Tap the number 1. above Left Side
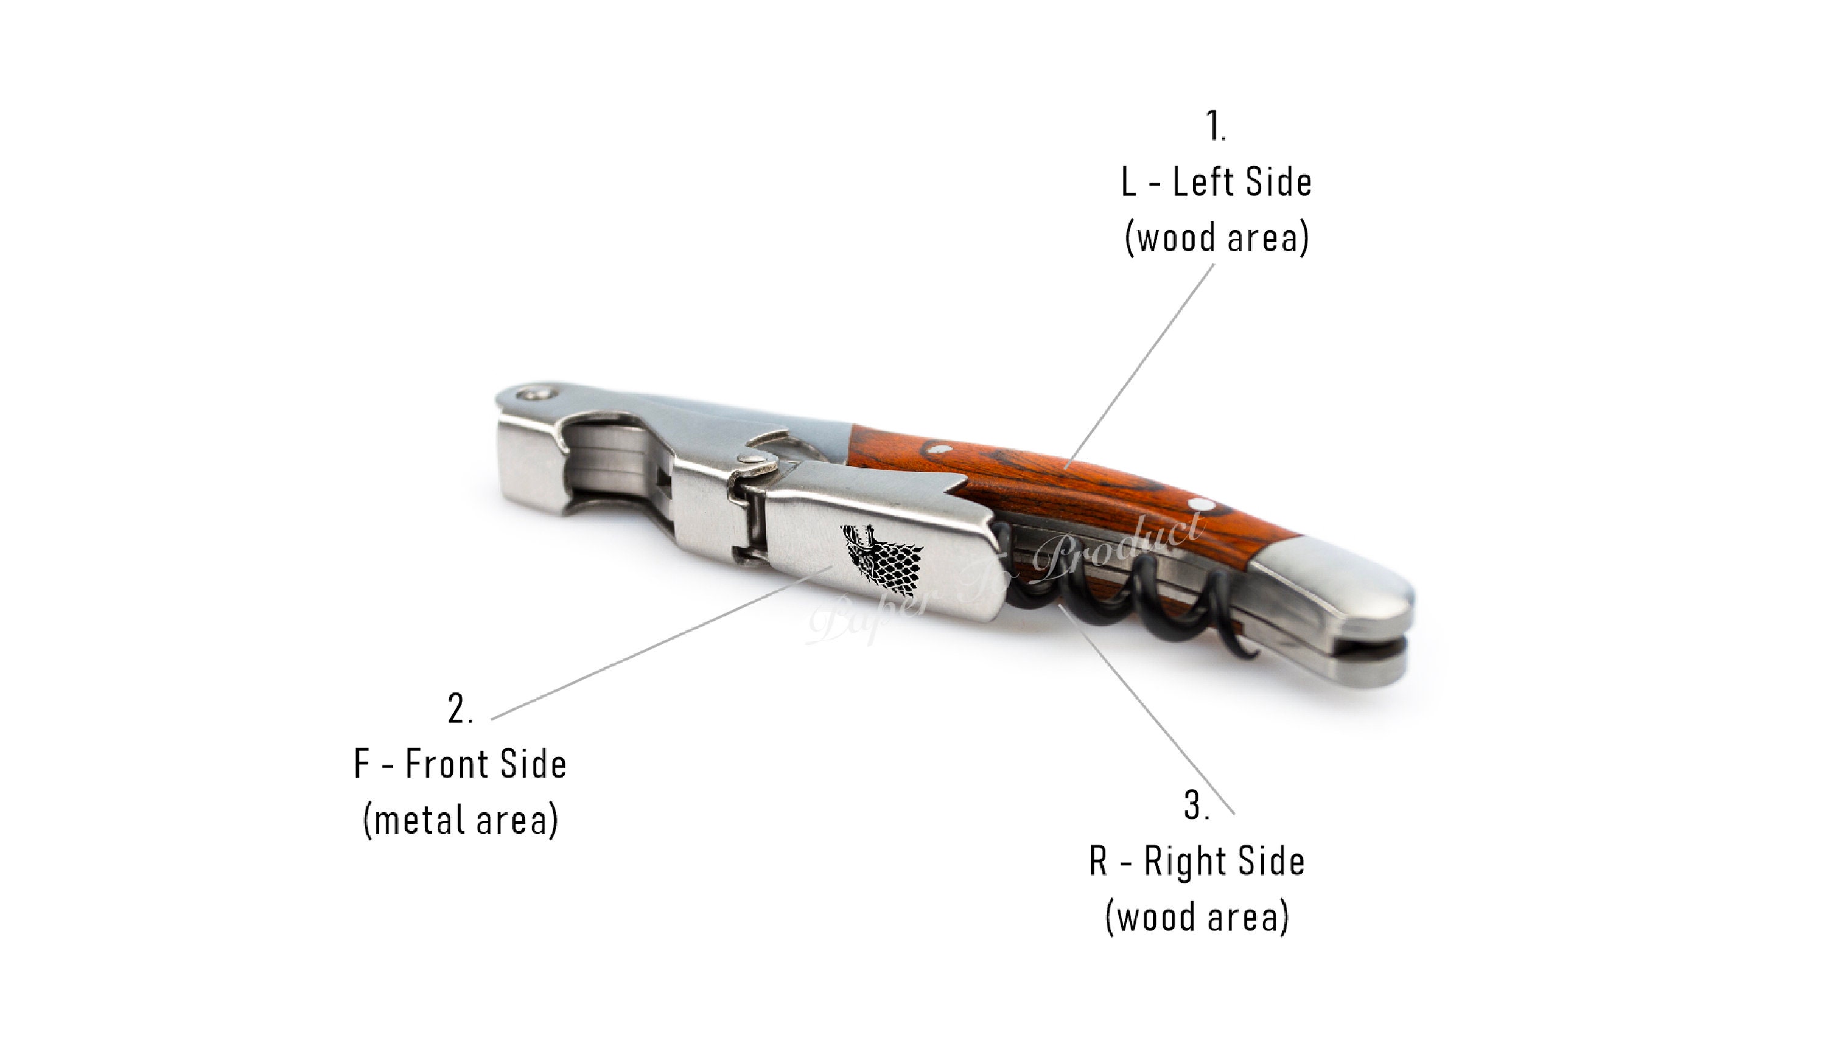[1216, 126]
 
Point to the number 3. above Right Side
[1197, 805]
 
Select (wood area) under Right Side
[1197, 917]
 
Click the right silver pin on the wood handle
[1200, 504]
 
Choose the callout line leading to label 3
[1146, 709]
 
